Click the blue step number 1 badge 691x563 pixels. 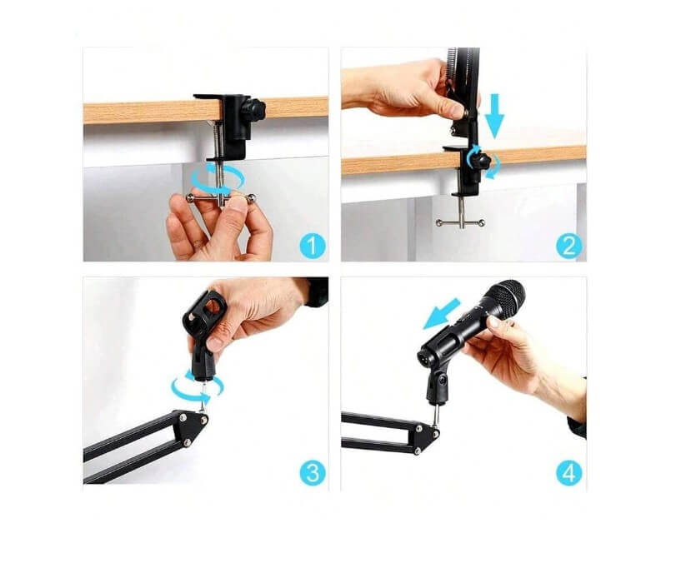[313, 246]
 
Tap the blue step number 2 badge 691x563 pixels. [569, 246]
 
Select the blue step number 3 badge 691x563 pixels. [313, 473]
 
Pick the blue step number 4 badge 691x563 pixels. [569, 473]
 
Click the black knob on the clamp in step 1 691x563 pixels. [254, 107]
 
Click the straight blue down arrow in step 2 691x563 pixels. [494, 115]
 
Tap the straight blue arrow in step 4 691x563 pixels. [442, 313]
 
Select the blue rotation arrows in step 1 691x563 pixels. [218, 178]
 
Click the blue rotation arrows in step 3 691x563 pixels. [197, 387]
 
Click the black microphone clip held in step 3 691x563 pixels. [203, 330]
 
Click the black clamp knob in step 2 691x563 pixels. [480, 159]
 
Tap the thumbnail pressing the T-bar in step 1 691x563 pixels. [238, 204]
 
